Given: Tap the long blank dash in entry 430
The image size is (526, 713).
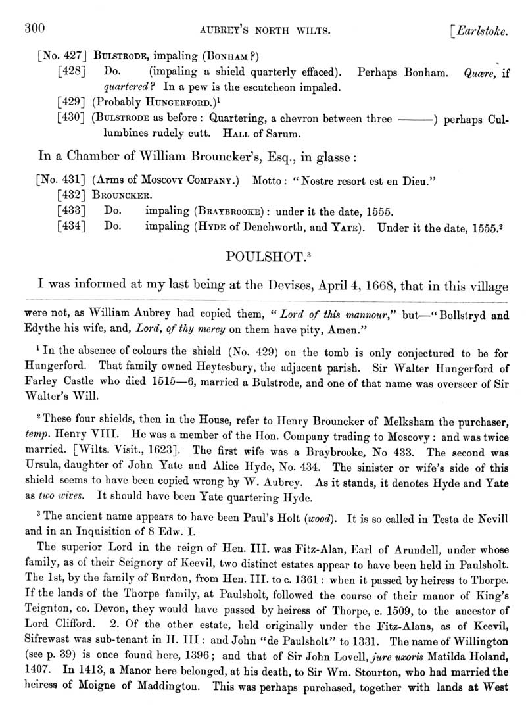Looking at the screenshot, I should tap(418, 118).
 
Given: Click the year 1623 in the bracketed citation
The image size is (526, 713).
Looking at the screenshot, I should tap(155, 451).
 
